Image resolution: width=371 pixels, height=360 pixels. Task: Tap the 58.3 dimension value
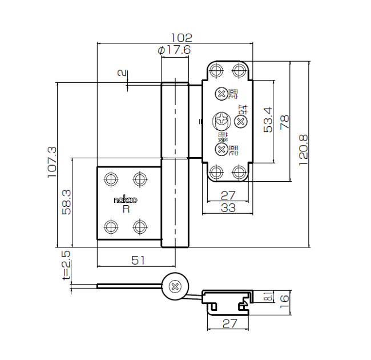pos(66,202)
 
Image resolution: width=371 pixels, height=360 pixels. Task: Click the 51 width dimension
pos(138,260)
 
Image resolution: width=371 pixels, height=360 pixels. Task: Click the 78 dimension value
pos(285,122)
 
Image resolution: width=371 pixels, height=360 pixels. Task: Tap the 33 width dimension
pos(228,208)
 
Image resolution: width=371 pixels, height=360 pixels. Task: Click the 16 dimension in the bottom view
pos(284,298)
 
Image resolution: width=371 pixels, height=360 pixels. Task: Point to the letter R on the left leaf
pos(126,209)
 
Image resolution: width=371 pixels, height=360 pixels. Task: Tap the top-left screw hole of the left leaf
pos(111,179)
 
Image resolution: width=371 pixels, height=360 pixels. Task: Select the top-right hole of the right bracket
pos(239,71)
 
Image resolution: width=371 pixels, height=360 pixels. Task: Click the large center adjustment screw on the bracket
pos(220,121)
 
